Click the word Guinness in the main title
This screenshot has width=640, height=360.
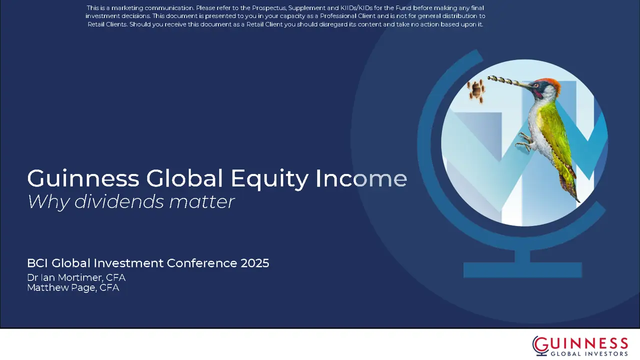83,178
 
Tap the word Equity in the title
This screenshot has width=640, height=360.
269,179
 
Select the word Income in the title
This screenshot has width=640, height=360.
361,178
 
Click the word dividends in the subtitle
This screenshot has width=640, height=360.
119,201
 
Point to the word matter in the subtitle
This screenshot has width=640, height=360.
201,201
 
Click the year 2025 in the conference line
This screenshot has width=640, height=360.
255,263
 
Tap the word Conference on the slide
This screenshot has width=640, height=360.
201,263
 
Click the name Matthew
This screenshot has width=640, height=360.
48,287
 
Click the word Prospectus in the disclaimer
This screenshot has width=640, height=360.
269,8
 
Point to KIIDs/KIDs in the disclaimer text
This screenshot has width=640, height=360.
356,8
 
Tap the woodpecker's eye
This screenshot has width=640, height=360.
536,85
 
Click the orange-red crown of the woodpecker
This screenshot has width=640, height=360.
550,83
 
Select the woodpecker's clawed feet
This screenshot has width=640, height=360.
525,141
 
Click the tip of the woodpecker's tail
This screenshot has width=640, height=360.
579,201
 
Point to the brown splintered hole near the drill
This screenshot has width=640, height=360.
476,91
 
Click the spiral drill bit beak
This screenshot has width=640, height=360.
505,81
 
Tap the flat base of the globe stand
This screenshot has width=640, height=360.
522,270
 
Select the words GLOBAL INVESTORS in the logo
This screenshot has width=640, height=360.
589,353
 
